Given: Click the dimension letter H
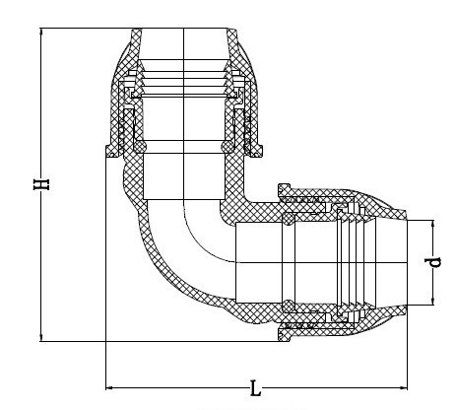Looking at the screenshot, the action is coord(41,184).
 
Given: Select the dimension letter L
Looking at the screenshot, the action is coord(255,388).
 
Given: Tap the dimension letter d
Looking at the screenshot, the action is coord(433,262).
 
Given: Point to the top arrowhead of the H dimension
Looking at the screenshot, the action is coord(41,32).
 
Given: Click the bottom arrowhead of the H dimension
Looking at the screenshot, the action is coord(41,337).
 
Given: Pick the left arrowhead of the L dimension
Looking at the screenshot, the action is coord(109,388).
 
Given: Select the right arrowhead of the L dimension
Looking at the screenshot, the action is coord(404,388).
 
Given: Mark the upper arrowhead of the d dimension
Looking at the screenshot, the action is coord(432,224).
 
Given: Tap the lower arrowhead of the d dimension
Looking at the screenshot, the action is coord(432,301).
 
